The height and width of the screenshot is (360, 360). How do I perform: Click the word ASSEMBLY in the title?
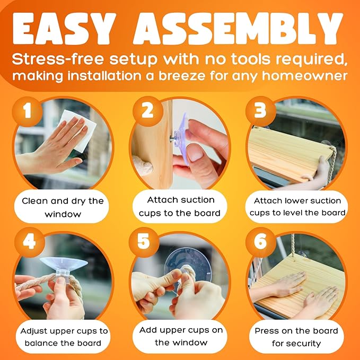click(x=238, y=29)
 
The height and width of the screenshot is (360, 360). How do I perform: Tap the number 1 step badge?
click(x=28, y=111)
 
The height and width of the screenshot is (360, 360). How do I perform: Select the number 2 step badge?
click(x=147, y=111)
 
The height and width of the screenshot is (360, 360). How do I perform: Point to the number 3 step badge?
click(x=260, y=111)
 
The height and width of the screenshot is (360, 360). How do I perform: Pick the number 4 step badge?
click(x=30, y=242)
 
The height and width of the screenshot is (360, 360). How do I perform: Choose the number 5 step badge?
click(x=144, y=242)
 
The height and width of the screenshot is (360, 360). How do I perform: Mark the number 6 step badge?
click(x=260, y=242)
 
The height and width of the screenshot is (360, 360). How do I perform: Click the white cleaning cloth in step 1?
click(x=77, y=130)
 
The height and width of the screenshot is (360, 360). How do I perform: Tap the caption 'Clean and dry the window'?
click(x=63, y=207)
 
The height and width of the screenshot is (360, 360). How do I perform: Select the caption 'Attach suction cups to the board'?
click(x=180, y=206)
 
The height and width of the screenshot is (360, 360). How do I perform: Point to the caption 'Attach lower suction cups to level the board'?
click(x=297, y=206)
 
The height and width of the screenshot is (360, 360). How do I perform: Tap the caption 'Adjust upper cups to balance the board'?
click(x=64, y=337)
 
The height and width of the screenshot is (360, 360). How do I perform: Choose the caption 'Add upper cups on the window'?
click(x=181, y=336)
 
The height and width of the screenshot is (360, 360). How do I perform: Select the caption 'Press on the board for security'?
click(x=296, y=337)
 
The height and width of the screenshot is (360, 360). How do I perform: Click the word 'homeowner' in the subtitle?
click(x=304, y=76)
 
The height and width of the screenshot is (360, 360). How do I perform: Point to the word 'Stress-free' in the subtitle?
click(x=58, y=59)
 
